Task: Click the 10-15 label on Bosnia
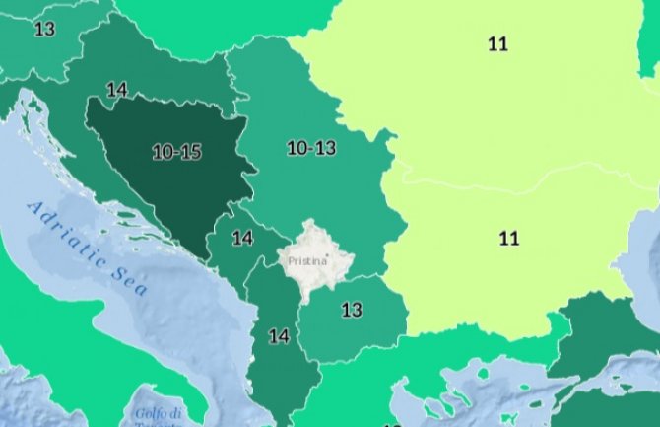(176, 152)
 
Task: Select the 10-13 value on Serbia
(311, 148)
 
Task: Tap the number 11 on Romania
(498, 43)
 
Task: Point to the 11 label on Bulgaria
(508, 238)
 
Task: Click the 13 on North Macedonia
(352, 310)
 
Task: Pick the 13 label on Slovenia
(44, 29)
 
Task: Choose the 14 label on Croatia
(117, 90)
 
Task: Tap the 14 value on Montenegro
(242, 238)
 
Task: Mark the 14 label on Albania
(279, 336)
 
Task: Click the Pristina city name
(304, 262)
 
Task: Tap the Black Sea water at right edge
(650, 247)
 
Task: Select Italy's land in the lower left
(39, 385)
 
